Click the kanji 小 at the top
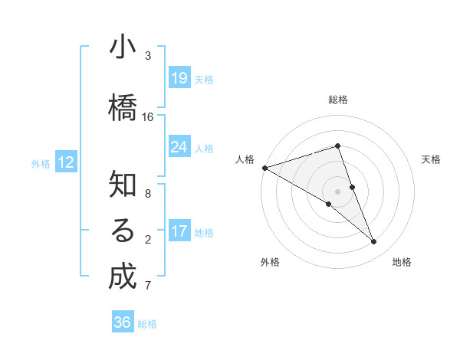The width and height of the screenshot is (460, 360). [x=123, y=47]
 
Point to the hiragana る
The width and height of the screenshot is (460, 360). [x=123, y=231]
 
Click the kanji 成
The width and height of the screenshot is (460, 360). [x=123, y=277]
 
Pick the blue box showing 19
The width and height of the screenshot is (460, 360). [x=179, y=78]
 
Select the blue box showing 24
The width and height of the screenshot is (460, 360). [x=179, y=147]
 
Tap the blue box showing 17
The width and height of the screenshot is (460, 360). [x=179, y=231]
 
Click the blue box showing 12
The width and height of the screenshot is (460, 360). [x=65, y=162]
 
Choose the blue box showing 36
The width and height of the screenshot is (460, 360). [x=123, y=322]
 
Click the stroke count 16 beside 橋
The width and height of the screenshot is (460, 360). [x=148, y=117]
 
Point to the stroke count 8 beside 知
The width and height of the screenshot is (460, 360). [x=148, y=194]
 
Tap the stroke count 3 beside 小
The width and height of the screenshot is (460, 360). [x=148, y=56]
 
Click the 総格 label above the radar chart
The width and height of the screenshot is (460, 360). [x=338, y=100]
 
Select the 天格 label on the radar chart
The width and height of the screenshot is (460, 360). [x=431, y=159]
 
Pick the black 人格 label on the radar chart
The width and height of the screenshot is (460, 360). [x=245, y=159]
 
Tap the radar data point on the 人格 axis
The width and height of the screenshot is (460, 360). [x=264, y=168]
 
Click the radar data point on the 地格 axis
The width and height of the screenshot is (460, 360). [x=374, y=242]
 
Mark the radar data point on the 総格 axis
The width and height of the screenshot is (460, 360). [x=338, y=146]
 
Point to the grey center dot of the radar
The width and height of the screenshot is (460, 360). [x=338, y=191]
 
